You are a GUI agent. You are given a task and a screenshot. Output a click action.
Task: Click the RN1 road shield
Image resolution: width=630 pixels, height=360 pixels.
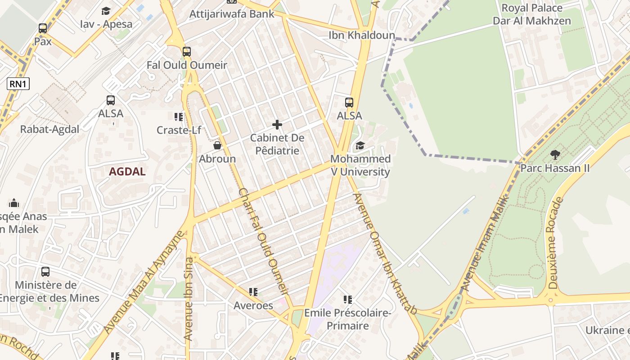click(x=18, y=83)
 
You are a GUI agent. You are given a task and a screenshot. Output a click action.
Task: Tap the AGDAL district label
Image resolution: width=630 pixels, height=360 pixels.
click(x=127, y=171)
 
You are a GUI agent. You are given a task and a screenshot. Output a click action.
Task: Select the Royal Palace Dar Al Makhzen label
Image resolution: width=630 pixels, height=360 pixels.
click(x=532, y=14)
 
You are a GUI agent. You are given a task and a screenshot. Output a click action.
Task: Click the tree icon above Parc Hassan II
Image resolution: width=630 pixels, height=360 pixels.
click(x=555, y=155)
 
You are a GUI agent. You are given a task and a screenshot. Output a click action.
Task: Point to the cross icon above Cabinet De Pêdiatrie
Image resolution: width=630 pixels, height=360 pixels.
click(x=277, y=125)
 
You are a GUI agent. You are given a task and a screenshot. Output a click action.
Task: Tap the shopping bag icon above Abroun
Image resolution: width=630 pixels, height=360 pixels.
click(x=217, y=145)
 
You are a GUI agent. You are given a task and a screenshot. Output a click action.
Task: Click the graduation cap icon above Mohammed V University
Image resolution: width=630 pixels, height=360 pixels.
click(x=360, y=145)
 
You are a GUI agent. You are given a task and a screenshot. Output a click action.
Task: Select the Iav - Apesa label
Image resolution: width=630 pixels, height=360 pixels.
click(x=106, y=24)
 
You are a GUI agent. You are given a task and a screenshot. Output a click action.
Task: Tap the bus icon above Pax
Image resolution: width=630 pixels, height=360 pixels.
click(x=43, y=28)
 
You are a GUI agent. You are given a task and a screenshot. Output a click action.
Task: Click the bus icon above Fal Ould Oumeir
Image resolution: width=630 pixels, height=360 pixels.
click(x=187, y=52)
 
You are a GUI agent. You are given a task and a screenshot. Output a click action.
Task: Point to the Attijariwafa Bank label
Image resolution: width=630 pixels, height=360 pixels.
click(x=232, y=14)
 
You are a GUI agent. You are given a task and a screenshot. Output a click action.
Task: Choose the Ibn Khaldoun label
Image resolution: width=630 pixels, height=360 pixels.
click(x=362, y=35)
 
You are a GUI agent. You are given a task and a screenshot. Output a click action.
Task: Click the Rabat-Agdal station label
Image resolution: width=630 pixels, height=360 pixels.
click(x=49, y=129)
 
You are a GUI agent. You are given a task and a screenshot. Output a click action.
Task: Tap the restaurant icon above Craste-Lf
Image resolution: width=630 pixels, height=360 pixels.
click(x=179, y=117)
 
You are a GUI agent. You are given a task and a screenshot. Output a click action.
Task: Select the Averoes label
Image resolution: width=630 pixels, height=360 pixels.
click(x=253, y=306)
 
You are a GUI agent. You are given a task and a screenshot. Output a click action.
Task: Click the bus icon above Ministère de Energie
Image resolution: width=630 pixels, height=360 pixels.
click(x=45, y=272)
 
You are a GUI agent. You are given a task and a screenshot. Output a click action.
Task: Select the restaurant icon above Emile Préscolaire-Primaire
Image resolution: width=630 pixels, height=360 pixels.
click(x=347, y=299)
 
